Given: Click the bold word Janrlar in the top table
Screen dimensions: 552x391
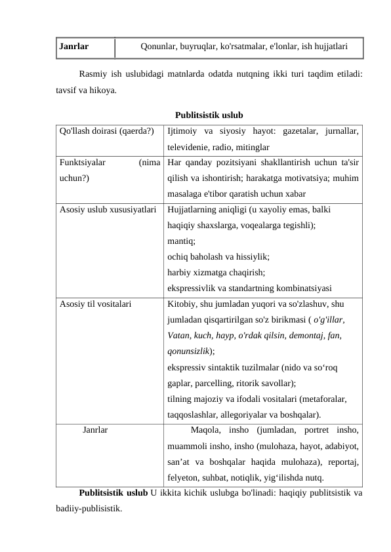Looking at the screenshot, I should (74, 47).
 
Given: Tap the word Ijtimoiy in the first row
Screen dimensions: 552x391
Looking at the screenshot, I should (184, 131).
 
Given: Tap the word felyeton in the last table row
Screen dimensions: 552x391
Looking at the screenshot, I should (184, 478).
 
